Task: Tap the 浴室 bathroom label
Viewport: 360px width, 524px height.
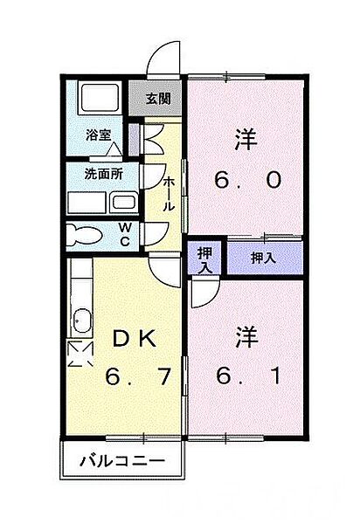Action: [99, 134]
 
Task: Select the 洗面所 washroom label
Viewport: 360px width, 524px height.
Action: [103, 173]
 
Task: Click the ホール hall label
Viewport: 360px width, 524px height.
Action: [170, 193]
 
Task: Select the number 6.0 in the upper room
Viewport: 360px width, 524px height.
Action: [247, 181]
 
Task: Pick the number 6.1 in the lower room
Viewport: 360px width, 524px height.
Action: [247, 378]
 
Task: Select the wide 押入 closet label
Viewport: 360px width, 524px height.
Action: [263, 258]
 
